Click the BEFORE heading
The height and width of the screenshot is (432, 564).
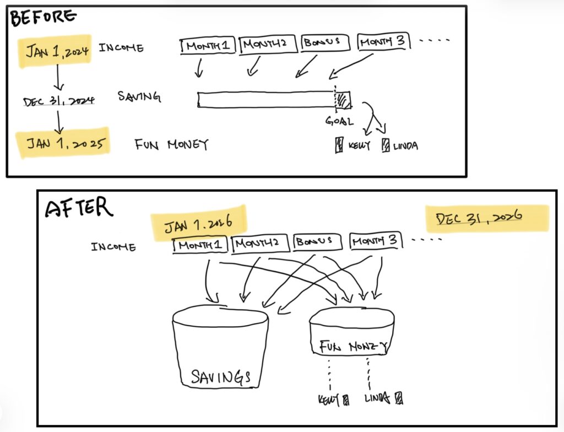click(x=43, y=18)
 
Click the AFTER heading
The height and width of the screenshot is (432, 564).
click(x=79, y=208)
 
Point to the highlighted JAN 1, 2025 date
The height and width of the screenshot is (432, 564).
click(x=62, y=143)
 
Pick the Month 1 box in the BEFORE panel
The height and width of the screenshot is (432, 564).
click(x=208, y=46)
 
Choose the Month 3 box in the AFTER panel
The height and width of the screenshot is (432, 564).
click(x=375, y=241)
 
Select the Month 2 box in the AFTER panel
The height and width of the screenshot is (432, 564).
click(x=259, y=242)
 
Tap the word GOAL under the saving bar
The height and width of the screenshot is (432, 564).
click(x=339, y=121)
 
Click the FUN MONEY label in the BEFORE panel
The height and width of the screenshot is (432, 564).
click(x=172, y=145)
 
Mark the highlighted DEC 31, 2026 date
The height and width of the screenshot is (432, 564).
click(x=487, y=218)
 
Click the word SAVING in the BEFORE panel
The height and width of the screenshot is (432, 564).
click(x=139, y=97)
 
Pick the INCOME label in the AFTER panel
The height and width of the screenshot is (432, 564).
click(x=113, y=246)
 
